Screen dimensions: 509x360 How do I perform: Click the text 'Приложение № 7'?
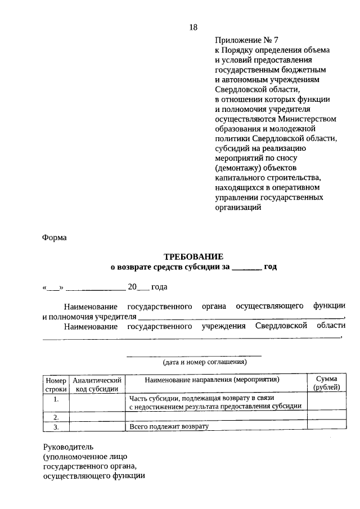(x=246, y=39)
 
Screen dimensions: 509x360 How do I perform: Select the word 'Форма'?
(x=55, y=237)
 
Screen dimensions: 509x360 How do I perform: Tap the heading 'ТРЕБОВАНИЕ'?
(x=193, y=256)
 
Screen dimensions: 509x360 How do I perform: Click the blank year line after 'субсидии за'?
(x=246, y=268)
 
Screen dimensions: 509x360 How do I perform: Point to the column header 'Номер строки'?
(x=56, y=384)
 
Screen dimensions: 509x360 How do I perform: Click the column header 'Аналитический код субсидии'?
(x=97, y=384)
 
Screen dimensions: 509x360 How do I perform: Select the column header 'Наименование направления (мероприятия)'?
(x=216, y=380)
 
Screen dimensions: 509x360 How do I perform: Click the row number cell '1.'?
(x=56, y=400)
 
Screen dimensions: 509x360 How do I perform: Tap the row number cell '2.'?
(x=56, y=417)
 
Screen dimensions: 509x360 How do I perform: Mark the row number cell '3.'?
(x=56, y=427)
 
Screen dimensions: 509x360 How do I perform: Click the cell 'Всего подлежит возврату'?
(x=169, y=427)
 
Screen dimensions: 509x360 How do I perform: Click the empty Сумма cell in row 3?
(x=326, y=427)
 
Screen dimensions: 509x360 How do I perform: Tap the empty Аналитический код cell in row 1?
(x=97, y=402)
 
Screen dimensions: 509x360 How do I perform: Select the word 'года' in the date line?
(x=159, y=287)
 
